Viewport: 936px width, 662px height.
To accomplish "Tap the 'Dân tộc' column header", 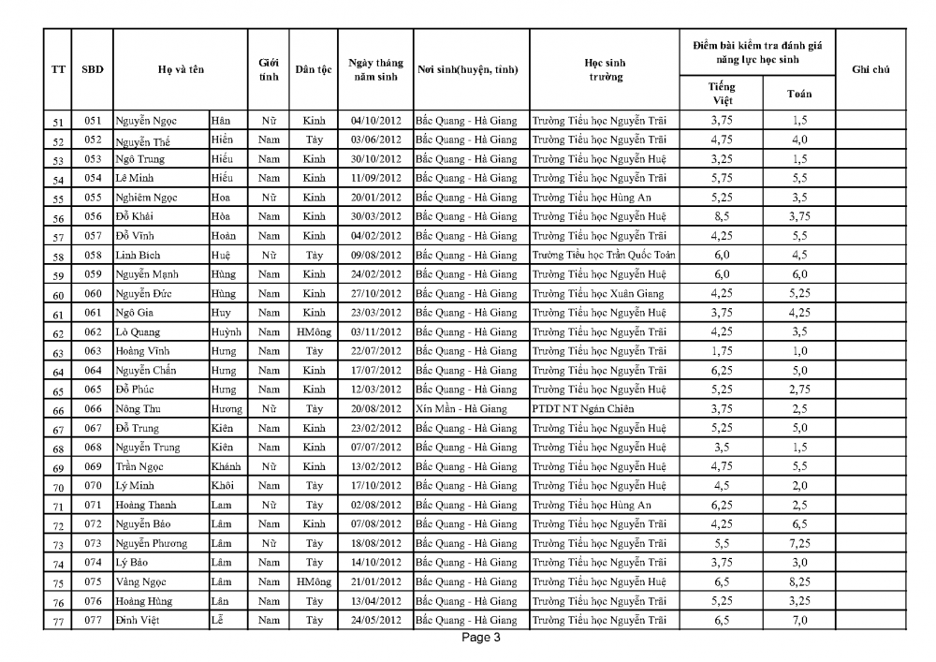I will click(314, 70).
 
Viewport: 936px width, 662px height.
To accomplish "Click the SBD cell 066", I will click(92, 408).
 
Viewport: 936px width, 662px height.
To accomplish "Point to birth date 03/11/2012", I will click(375, 331).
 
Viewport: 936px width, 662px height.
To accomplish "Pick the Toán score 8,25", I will click(798, 581).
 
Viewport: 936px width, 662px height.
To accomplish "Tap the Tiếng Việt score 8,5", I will click(721, 216).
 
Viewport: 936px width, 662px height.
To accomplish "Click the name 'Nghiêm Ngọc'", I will click(146, 198).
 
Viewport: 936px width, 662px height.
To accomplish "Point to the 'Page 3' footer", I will click(482, 639).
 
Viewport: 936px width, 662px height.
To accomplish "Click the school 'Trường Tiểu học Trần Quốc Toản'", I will click(603, 256).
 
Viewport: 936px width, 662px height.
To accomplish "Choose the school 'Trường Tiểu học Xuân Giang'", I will click(598, 293).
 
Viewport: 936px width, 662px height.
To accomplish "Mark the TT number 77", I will click(58, 621).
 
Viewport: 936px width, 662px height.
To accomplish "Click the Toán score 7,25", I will click(798, 543).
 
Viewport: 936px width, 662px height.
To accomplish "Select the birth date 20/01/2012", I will click(375, 198).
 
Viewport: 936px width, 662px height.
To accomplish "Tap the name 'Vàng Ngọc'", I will click(141, 581).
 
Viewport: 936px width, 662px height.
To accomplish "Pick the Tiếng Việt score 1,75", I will click(721, 351).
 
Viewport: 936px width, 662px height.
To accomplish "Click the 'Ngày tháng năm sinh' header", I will click(375, 70).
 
